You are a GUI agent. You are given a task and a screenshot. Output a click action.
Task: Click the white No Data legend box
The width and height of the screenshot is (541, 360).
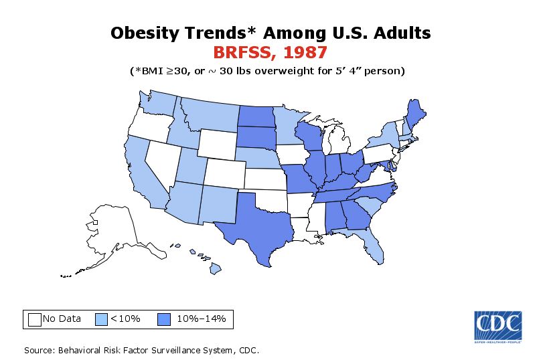35,319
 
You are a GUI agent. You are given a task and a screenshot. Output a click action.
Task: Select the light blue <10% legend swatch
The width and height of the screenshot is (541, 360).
101,319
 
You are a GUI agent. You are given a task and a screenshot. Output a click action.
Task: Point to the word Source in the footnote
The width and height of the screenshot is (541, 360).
40,350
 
